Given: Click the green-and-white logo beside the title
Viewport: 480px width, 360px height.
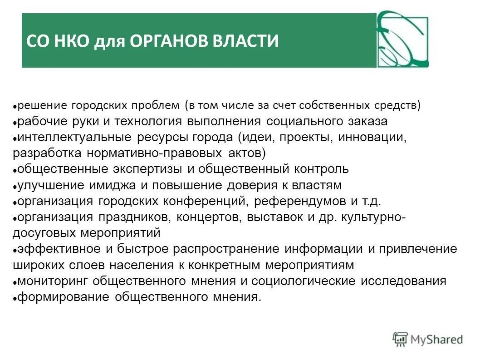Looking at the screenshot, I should (402, 39).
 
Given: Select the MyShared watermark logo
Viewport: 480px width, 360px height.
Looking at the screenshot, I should (428, 339).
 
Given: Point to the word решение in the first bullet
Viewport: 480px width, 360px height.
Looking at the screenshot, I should (43, 106).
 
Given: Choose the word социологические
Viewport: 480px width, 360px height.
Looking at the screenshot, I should (304, 281).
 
